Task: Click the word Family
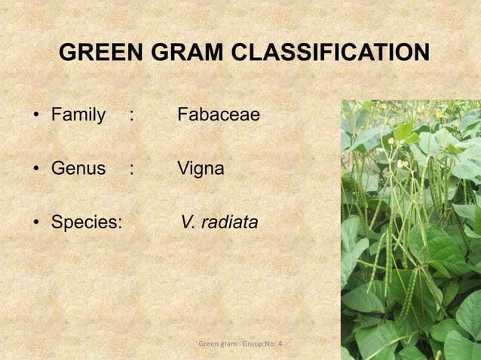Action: coord(78,115)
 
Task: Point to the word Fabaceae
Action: coord(218,115)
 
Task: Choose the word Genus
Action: coord(78,169)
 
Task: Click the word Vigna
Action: coord(201,169)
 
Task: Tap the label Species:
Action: coord(87,223)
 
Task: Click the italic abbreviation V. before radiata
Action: coord(188,223)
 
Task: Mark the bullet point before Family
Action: coord(35,116)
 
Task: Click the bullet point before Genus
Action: coord(35,169)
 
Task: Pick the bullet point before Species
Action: coord(35,224)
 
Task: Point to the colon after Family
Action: coord(132,116)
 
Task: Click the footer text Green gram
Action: coord(217,344)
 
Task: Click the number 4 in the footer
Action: coord(280,344)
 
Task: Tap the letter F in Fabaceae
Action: coord(182,115)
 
